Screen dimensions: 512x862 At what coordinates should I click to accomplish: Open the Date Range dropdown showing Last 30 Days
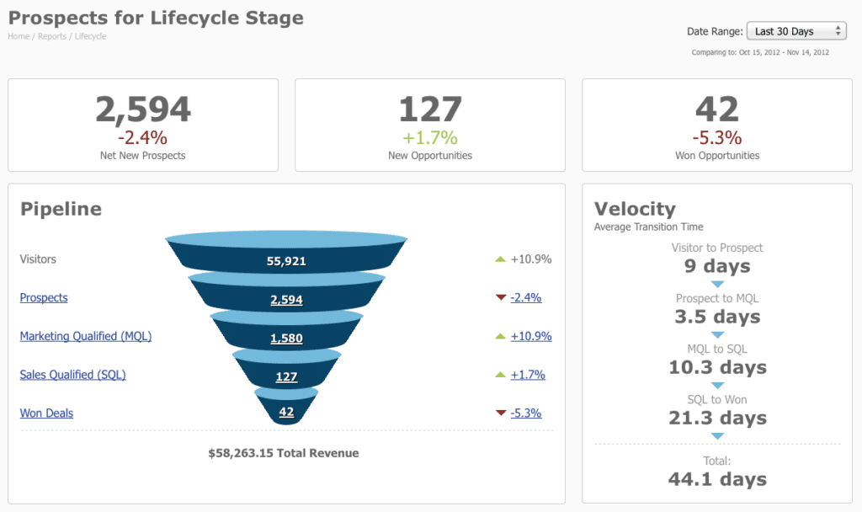(795, 31)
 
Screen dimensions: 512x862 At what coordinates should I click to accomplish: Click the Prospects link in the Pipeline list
(44, 297)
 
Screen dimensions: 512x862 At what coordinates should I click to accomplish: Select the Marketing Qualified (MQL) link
(86, 336)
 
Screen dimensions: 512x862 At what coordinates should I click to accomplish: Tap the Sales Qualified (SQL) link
(72, 375)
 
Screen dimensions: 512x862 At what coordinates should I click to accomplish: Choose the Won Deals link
(46, 413)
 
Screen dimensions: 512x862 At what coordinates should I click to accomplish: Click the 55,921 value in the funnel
(286, 261)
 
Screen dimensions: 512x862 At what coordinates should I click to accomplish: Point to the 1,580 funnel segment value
(286, 339)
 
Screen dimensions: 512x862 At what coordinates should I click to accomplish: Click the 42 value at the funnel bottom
(286, 412)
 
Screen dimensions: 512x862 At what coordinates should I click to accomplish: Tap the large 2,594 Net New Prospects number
(143, 109)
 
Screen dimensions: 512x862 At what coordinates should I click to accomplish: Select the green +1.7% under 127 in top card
(429, 137)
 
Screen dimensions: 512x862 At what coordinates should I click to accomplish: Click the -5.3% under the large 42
(717, 137)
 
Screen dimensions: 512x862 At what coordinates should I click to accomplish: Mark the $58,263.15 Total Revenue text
(284, 453)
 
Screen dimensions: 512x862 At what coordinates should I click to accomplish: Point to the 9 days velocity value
(717, 266)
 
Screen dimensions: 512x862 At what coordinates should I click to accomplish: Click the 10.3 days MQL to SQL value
(717, 367)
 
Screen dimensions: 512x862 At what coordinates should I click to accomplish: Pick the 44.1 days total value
(717, 479)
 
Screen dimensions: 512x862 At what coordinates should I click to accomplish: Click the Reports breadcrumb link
(51, 37)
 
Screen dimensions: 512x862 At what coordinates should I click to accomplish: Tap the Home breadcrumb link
(19, 37)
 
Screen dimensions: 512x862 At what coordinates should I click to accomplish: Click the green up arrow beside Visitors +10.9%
(500, 259)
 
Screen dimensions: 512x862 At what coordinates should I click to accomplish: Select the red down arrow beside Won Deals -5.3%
(501, 413)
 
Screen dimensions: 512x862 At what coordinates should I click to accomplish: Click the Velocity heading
(635, 209)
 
